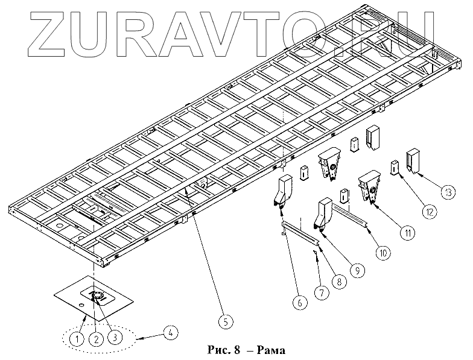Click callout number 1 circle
(76, 338)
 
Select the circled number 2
(95, 338)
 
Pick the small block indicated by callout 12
(393, 166)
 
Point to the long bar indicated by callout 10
(354, 216)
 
